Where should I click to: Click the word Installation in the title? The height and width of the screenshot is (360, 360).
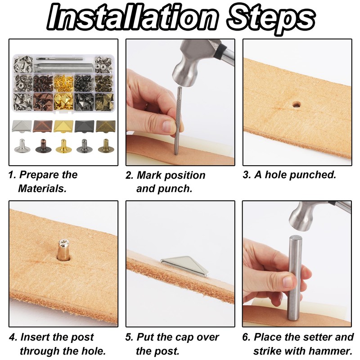(132, 18)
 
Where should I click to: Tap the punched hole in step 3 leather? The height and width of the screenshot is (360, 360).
(297, 105)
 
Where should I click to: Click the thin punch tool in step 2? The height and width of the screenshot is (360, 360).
(177, 121)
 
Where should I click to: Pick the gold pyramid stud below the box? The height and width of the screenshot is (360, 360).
(63, 126)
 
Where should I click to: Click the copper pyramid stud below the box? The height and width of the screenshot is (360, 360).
(42, 126)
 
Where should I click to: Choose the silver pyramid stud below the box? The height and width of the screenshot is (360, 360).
(22, 126)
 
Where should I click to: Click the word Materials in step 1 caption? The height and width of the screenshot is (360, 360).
(42, 189)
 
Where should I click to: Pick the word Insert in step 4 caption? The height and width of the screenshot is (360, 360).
(35, 337)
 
